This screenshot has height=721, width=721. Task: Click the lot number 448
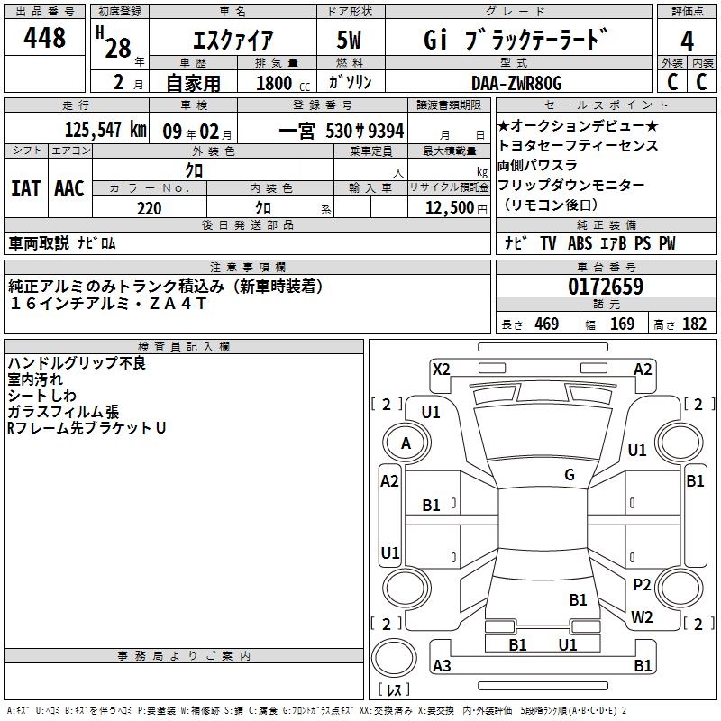(x=46, y=39)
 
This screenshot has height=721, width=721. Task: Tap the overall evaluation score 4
(x=687, y=41)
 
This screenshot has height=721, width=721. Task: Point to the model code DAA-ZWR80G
(x=516, y=83)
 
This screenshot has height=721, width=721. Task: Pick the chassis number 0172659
(x=606, y=287)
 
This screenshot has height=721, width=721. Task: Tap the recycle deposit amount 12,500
(x=448, y=208)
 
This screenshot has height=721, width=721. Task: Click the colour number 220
(x=149, y=208)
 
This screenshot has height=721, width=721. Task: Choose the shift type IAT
(x=25, y=188)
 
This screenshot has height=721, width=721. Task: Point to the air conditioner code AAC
(x=68, y=188)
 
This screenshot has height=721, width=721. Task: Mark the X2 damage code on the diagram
(x=441, y=369)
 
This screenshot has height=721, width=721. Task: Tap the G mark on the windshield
(x=569, y=475)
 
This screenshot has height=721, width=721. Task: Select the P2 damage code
(x=642, y=584)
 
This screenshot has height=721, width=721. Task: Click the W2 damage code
(x=642, y=617)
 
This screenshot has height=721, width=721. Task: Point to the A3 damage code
(x=442, y=666)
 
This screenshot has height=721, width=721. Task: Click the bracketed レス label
(x=394, y=689)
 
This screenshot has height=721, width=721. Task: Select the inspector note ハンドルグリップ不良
(x=77, y=363)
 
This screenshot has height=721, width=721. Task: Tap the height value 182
(x=694, y=324)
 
